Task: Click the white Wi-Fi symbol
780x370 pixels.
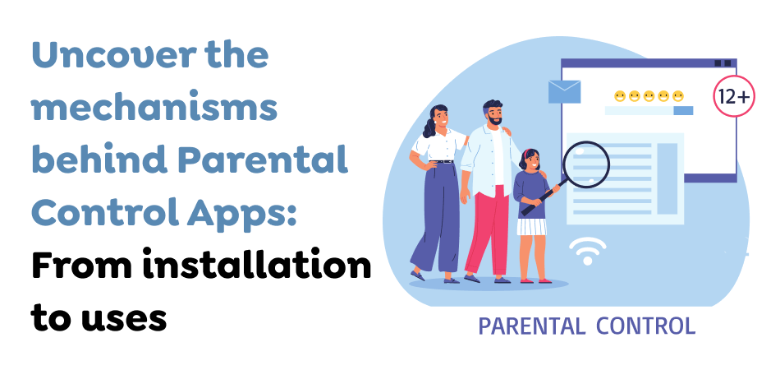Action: point(587,248)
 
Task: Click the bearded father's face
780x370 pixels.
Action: point(493,115)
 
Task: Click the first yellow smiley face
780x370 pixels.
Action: point(620,96)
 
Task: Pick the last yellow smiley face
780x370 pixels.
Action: point(678,96)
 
